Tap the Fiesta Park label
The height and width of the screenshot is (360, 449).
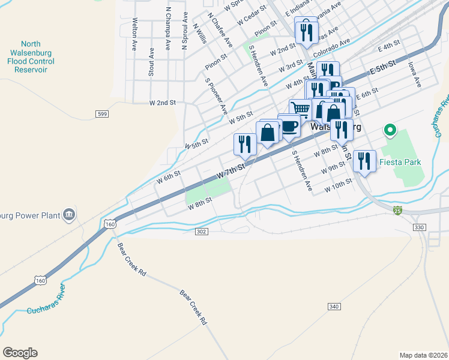coord(400,162)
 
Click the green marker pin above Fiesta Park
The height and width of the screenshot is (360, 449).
coord(390,129)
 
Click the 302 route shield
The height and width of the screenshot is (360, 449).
coord(202,231)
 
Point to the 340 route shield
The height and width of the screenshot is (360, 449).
coord(334,307)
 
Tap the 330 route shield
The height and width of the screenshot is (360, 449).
coord(419,227)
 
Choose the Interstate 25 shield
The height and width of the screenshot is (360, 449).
coord(397,210)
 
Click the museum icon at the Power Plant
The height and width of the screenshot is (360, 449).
coord(69,214)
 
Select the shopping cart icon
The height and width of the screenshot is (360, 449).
coord(301,109)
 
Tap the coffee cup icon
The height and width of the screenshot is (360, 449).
coord(289,126)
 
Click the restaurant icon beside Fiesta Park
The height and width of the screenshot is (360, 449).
coord(364,160)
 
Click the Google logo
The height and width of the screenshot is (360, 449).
coord(20,353)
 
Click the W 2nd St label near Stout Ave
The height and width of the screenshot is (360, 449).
coord(163,103)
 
